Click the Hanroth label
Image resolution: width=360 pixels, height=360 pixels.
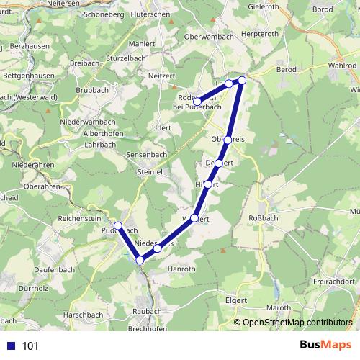(181, 269)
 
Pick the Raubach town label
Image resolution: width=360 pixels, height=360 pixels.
(148, 310)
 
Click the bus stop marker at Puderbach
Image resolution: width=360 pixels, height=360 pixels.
(118, 226)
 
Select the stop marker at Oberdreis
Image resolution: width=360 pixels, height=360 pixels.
(228, 140)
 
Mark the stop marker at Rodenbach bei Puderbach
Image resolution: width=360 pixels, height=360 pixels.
(197, 102)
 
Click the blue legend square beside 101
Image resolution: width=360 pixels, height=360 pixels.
(10, 346)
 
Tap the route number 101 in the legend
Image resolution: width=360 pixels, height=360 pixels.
(30, 346)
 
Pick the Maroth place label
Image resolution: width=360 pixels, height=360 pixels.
(279, 309)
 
